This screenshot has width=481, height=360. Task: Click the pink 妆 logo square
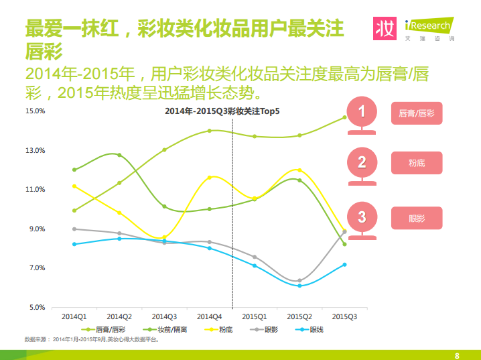pyautogui.click(x=385, y=29)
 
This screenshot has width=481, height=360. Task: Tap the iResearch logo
pyautogui.click(x=429, y=29)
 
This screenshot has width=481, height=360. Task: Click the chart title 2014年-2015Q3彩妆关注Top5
pyautogui.click(x=222, y=111)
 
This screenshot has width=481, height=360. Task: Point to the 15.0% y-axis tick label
pyautogui.click(x=36, y=111)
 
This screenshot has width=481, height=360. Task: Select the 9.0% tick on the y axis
pyautogui.click(x=37, y=229)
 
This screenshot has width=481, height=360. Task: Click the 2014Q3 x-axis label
pyautogui.click(x=164, y=316)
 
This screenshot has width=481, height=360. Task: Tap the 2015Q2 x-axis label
pyautogui.click(x=299, y=316)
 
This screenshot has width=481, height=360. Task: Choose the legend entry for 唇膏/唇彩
pyautogui.click(x=103, y=330)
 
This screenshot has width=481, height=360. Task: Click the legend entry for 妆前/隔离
pyautogui.click(x=165, y=330)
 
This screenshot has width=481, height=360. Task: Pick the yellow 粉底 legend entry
pyautogui.click(x=218, y=330)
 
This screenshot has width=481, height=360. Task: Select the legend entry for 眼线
pyautogui.click(x=310, y=330)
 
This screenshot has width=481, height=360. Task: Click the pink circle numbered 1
pyautogui.click(x=362, y=111)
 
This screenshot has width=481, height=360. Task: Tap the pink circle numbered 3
pyautogui.click(x=362, y=217)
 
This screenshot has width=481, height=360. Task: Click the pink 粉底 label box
pyautogui.click(x=417, y=163)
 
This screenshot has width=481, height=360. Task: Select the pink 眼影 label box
pyautogui.click(x=417, y=218)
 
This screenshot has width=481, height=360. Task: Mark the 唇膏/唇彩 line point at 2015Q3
pyautogui.click(x=344, y=117)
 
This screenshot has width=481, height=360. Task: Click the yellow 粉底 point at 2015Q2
pyautogui.click(x=299, y=170)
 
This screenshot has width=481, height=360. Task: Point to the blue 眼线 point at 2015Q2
pyautogui.click(x=299, y=286)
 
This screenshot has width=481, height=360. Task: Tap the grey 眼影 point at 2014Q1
pyautogui.click(x=74, y=229)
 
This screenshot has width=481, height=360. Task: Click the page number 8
pyautogui.click(x=457, y=356)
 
